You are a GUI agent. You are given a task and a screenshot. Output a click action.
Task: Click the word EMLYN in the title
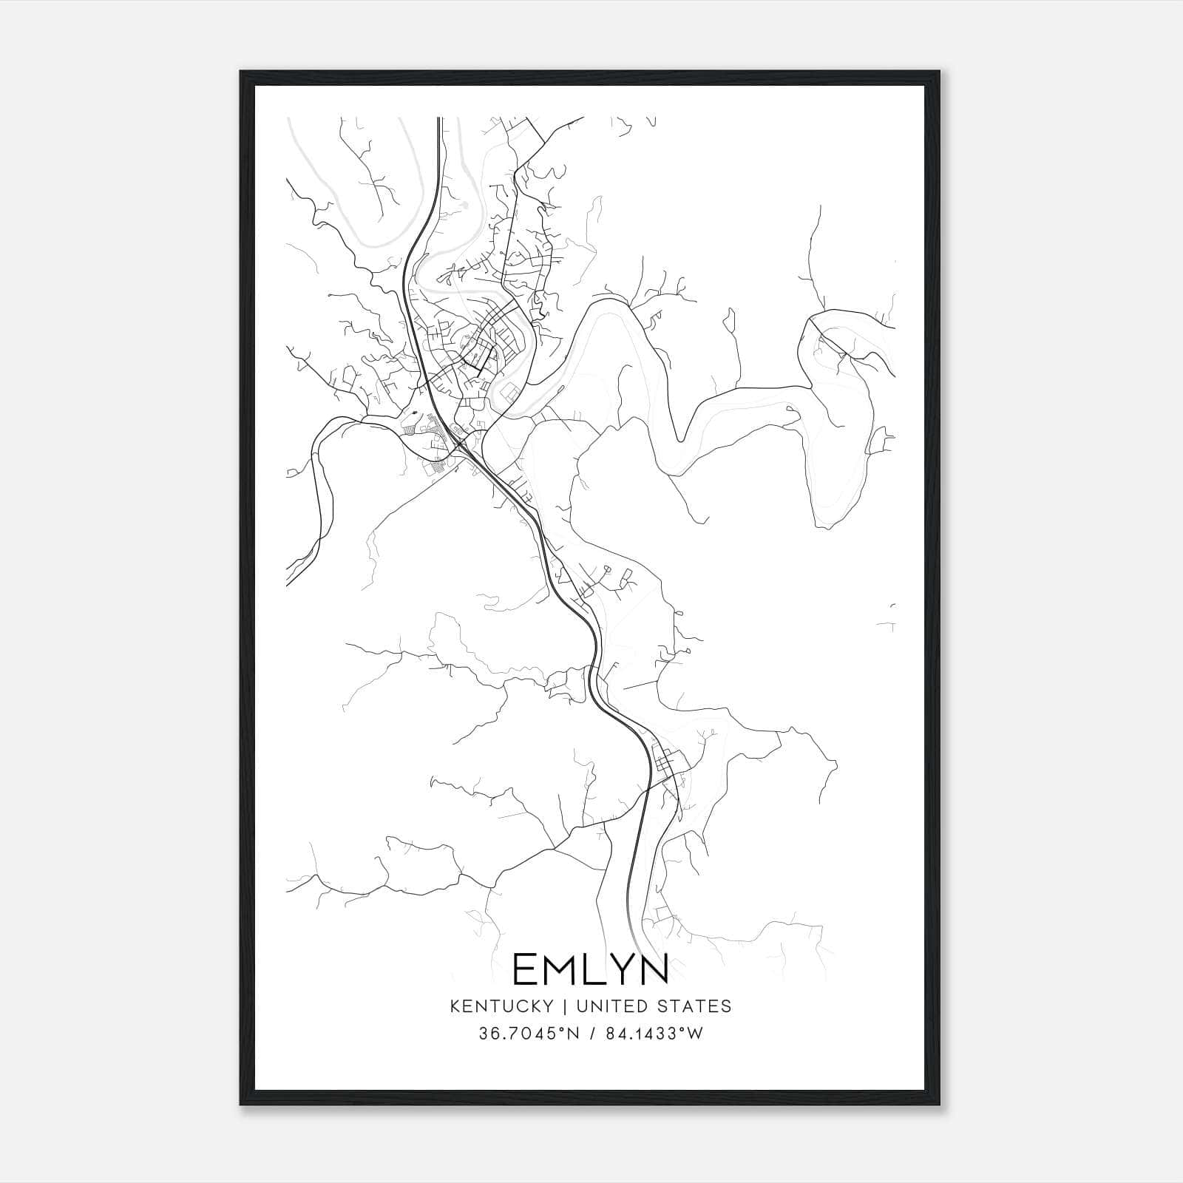coord(590,969)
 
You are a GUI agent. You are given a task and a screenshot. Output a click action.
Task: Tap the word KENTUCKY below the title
coord(501,1006)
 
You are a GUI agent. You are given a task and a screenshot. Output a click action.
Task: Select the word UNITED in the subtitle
coord(612,1006)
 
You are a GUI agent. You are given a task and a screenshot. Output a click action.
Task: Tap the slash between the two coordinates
coord(593,1034)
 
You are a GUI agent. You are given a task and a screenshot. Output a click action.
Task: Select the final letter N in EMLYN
coord(654,969)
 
